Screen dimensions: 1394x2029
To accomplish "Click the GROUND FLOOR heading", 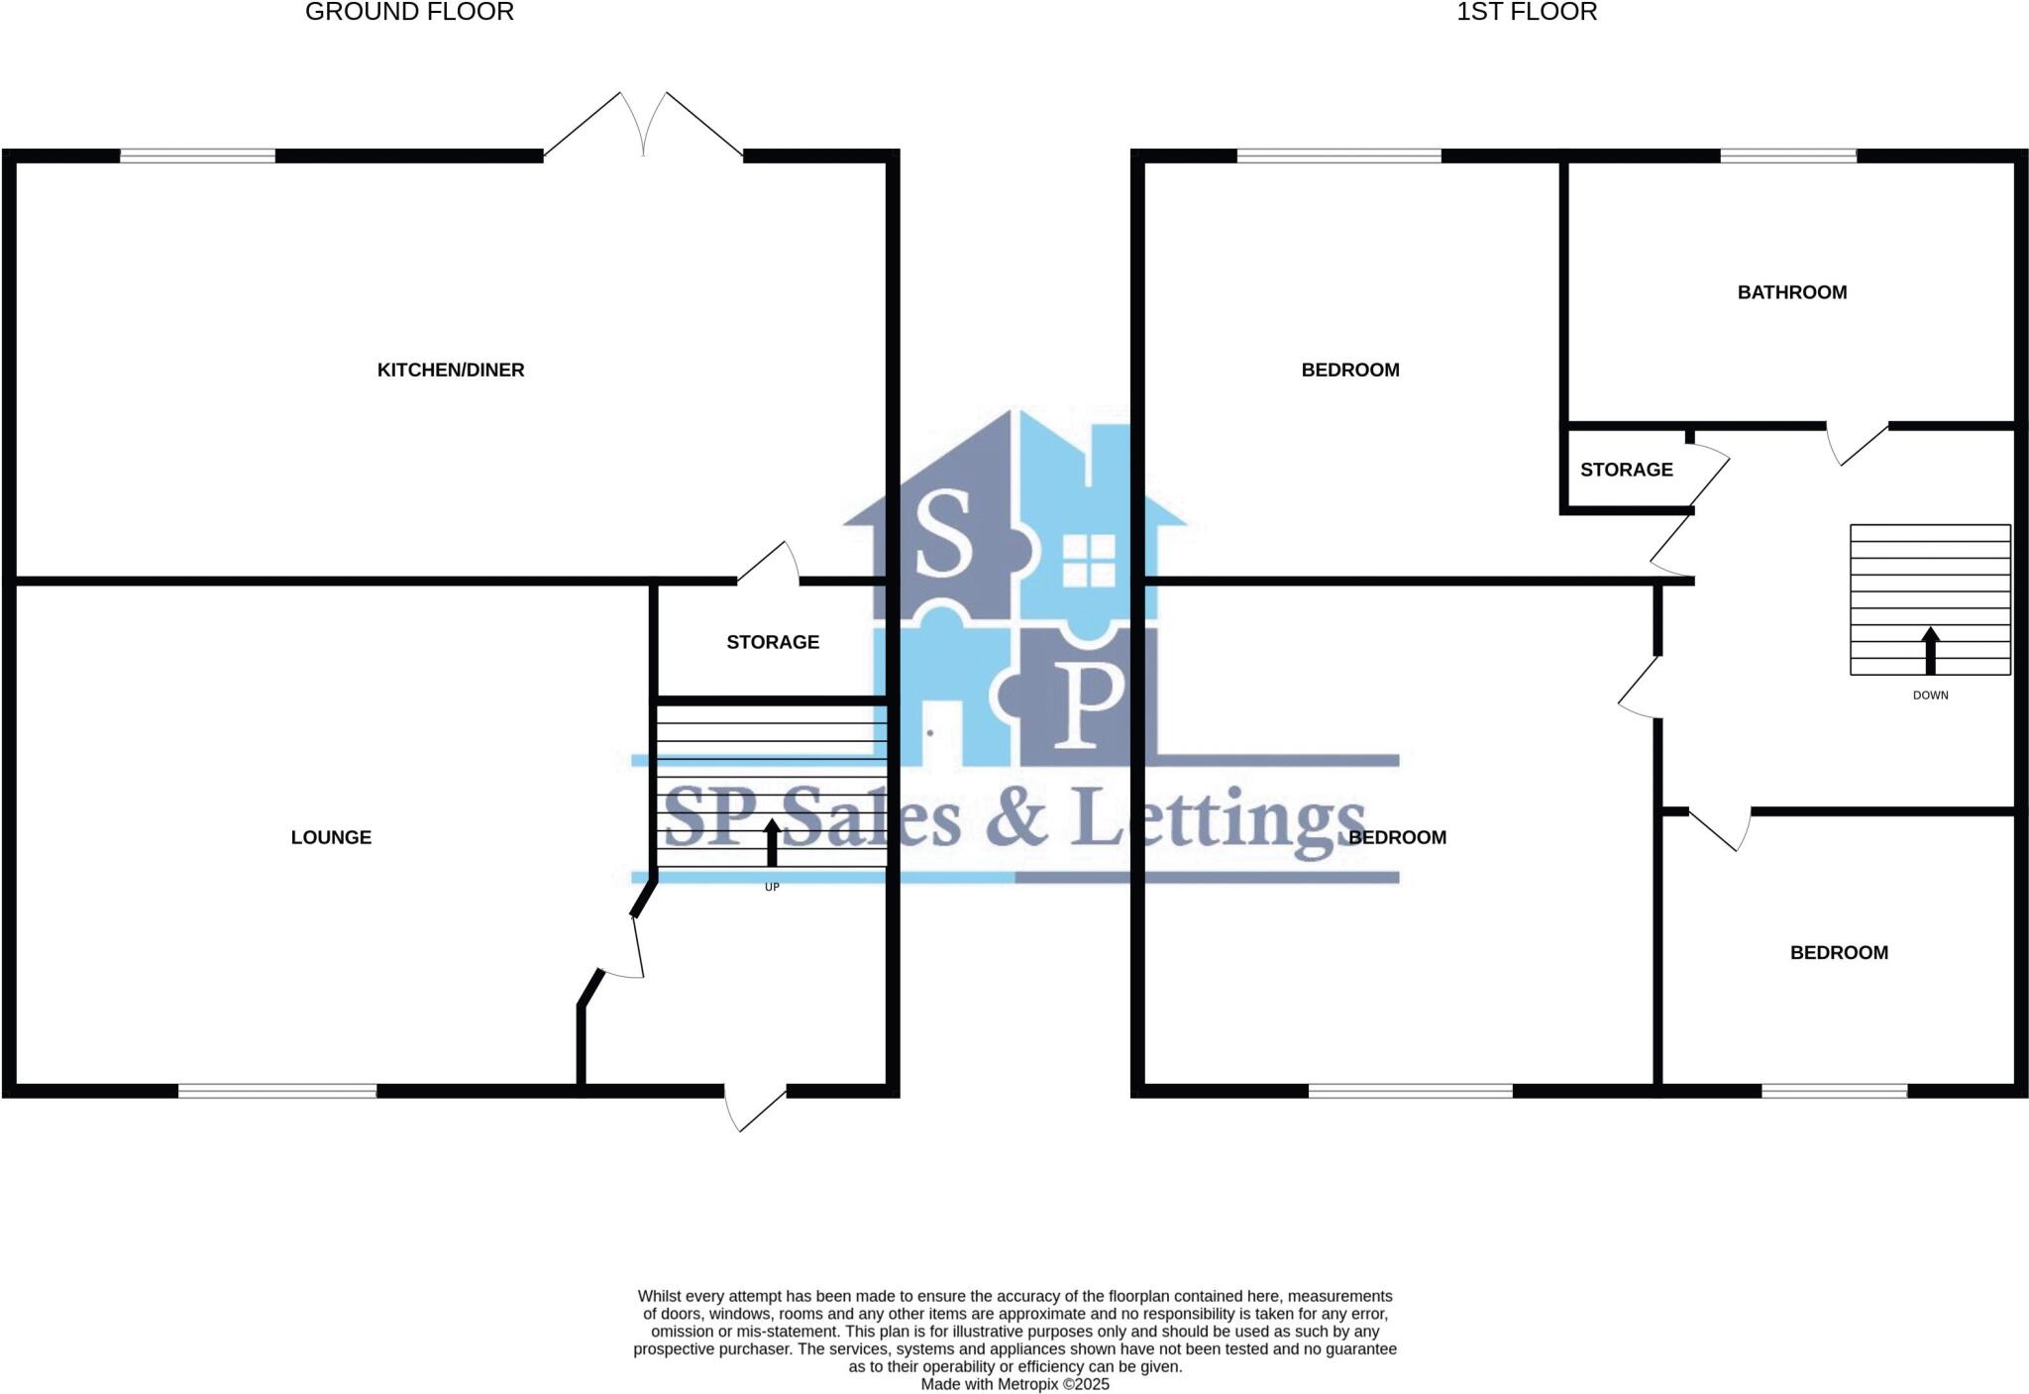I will point(409,13).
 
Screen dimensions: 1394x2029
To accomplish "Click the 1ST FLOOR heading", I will point(1527,13).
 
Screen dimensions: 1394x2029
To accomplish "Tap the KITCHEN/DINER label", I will point(451,371).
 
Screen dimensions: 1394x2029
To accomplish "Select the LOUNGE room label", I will point(331,838).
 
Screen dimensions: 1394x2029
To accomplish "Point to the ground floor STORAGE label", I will point(773,643).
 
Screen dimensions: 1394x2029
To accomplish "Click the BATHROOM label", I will point(1791,293).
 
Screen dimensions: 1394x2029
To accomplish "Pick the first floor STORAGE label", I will point(1626,471).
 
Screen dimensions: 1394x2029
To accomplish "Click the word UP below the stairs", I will point(772,888).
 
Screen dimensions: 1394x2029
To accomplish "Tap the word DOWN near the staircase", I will point(1930,696).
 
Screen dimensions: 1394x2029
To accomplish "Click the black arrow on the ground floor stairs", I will point(772,843).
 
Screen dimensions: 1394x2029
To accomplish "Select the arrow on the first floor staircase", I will point(1930,651).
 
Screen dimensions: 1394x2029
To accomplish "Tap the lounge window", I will point(277,1091).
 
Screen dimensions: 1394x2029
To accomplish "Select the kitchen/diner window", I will point(197,156).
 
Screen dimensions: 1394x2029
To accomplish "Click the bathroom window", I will point(1787,156).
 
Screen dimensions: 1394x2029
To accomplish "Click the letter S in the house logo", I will point(943,535).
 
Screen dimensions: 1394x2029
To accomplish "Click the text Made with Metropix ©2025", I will point(1014,1384).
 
